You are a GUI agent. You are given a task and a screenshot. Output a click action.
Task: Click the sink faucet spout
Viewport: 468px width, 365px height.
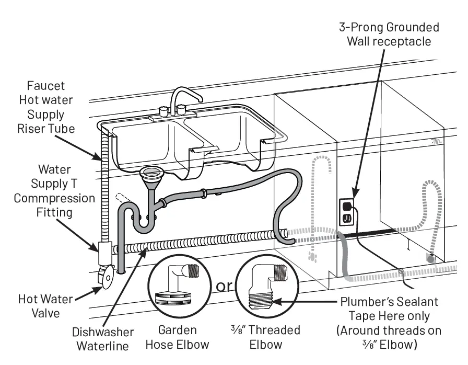tap(188, 93)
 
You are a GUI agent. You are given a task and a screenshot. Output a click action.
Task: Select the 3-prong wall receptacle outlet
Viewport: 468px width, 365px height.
tap(346, 211)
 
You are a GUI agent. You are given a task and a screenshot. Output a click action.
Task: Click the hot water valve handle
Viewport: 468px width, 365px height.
tap(107, 278)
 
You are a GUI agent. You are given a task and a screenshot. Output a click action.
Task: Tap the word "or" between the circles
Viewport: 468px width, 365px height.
tap(223, 287)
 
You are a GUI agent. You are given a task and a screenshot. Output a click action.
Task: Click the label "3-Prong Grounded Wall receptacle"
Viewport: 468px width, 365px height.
tap(390, 34)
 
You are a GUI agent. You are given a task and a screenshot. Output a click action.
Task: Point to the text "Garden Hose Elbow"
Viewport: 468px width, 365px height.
tap(178, 337)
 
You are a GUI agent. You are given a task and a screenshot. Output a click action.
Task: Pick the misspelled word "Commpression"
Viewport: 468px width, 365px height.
tap(54, 199)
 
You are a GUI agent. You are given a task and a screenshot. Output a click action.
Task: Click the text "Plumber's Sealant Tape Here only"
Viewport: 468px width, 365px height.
tap(390, 309)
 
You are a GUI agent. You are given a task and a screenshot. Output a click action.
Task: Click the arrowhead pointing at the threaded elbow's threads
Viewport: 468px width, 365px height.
tap(276, 302)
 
